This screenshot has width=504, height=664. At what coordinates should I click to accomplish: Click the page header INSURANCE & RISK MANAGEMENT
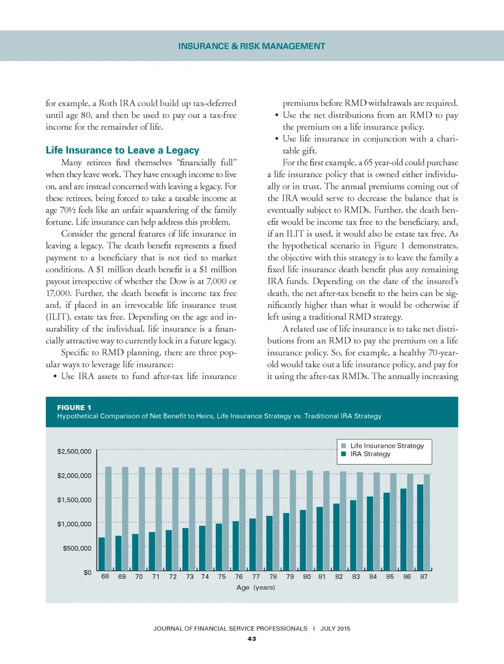coord(252,46)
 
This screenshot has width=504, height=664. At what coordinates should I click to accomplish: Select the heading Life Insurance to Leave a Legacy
coord(123,150)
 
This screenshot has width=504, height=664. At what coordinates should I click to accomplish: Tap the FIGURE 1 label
coord(74,407)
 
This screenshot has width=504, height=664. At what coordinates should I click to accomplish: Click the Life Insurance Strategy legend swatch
coord(344,445)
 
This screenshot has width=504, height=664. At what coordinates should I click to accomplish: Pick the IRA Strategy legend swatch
coord(344,454)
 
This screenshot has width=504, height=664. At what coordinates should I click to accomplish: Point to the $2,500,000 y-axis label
coord(74,451)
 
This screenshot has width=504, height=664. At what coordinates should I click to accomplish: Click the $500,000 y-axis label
coord(77,548)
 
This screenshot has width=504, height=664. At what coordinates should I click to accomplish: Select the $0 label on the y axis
coord(88,572)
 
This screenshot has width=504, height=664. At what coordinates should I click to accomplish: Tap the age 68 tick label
coord(105,576)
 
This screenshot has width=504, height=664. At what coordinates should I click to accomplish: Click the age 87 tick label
coord(424,576)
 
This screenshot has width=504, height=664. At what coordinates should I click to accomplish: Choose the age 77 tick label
coord(256,576)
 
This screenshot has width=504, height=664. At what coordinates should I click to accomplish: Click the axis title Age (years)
coord(255,587)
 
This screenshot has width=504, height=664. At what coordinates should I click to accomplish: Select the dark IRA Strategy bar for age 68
coord(102,554)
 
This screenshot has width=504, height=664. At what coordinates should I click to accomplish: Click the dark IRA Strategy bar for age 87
coord(420,527)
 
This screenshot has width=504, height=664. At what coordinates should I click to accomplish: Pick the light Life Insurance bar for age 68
coord(108,518)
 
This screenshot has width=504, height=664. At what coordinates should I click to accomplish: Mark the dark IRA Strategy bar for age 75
coord(219,547)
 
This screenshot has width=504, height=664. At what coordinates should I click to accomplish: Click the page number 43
coord(252,639)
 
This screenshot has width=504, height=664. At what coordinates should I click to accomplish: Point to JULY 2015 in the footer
coord(335,629)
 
